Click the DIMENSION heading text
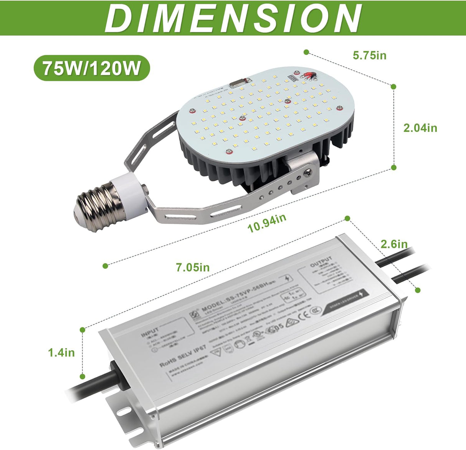pyautogui.click(x=233, y=18)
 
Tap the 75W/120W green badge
pyautogui.click(x=91, y=68)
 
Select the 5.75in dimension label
pyautogui.click(x=369, y=55)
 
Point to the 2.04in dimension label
pyautogui.click(x=420, y=128)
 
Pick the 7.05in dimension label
pyautogui.click(x=193, y=267)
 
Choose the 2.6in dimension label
pyautogui.click(x=394, y=244)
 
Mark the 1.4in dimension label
pyautogui.click(x=61, y=352)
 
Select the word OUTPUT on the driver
pyautogui.click(x=321, y=262)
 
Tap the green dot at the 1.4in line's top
pyautogui.click(x=82, y=329)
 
